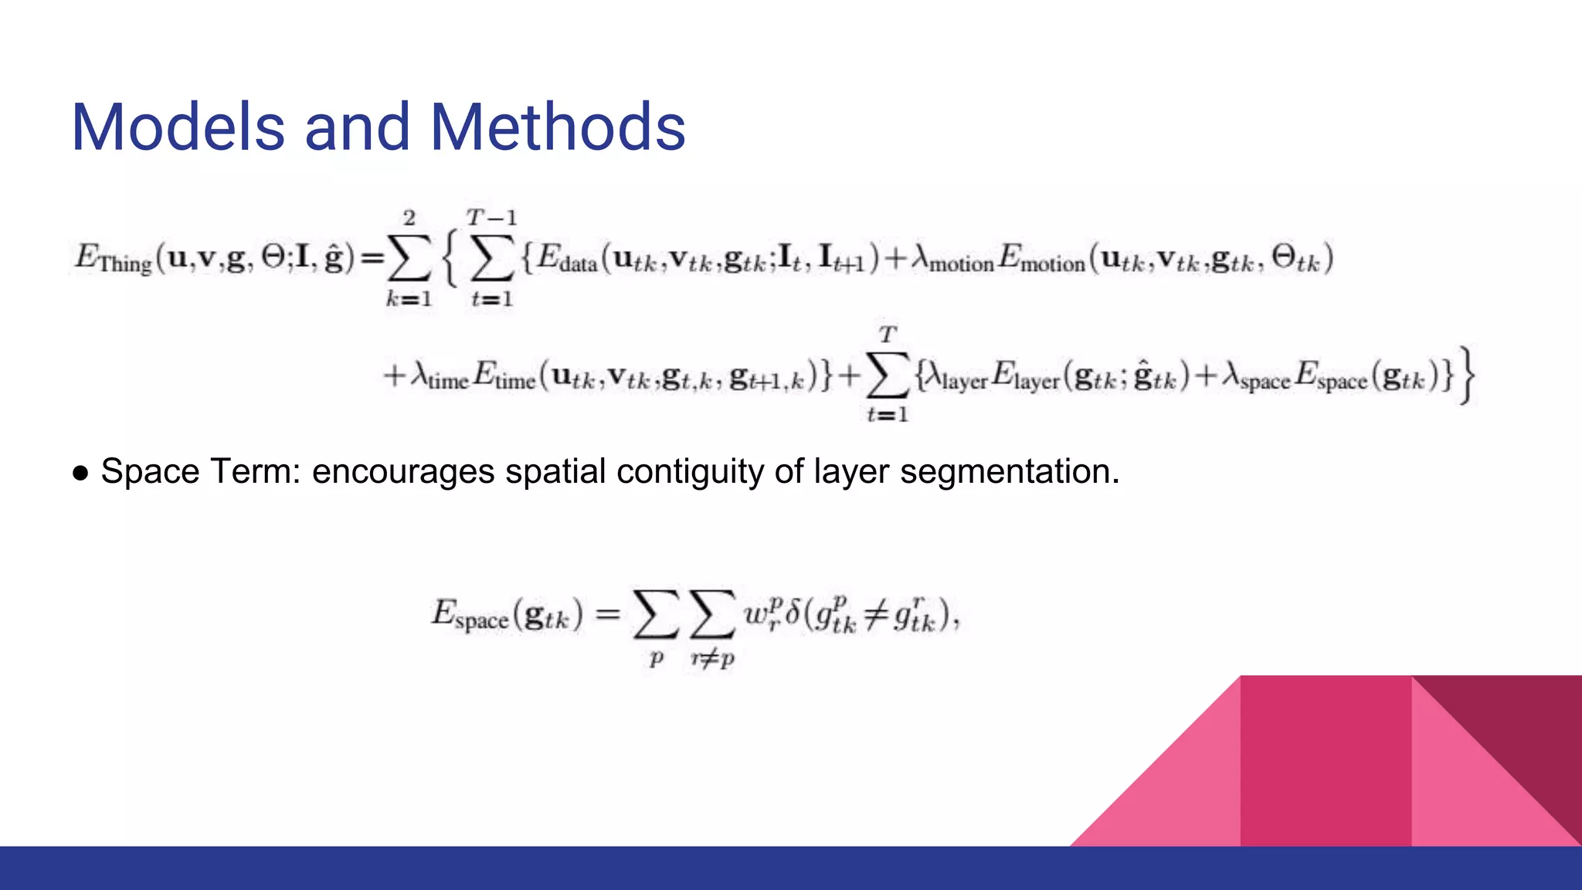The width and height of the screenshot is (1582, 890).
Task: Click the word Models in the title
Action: (x=178, y=127)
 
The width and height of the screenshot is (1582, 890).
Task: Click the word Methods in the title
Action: (x=558, y=127)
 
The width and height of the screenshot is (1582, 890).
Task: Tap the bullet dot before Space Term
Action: (x=80, y=473)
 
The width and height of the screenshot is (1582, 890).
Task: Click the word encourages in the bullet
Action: (x=402, y=472)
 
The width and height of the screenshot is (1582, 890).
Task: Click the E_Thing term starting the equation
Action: (x=113, y=258)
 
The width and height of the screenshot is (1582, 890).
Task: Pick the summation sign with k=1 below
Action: (x=409, y=258)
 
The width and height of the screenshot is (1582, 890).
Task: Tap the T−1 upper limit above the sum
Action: (x=491, y=217)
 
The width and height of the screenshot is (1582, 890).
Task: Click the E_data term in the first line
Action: (x=567, y=258)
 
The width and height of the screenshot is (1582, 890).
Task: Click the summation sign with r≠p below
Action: (x=711, y=616)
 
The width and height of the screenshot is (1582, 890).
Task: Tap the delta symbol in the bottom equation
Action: (x=792, y=616)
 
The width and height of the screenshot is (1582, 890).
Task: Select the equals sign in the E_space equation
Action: (x=608, y=616)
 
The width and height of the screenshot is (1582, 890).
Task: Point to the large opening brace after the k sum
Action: (x=450, y=258)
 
